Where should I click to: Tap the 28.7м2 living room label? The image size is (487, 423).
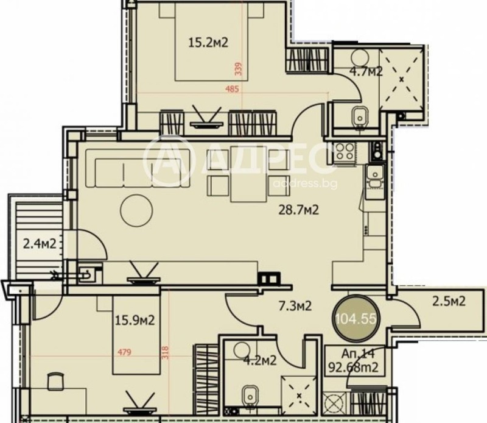(298, 210)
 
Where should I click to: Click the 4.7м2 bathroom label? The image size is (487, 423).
(365, 71)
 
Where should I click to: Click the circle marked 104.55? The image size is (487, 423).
(358, 318)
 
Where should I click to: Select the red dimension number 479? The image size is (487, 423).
(125, 351)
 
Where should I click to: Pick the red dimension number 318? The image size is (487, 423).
(165, 353)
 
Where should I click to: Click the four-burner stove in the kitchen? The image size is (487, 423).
(344, 152)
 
